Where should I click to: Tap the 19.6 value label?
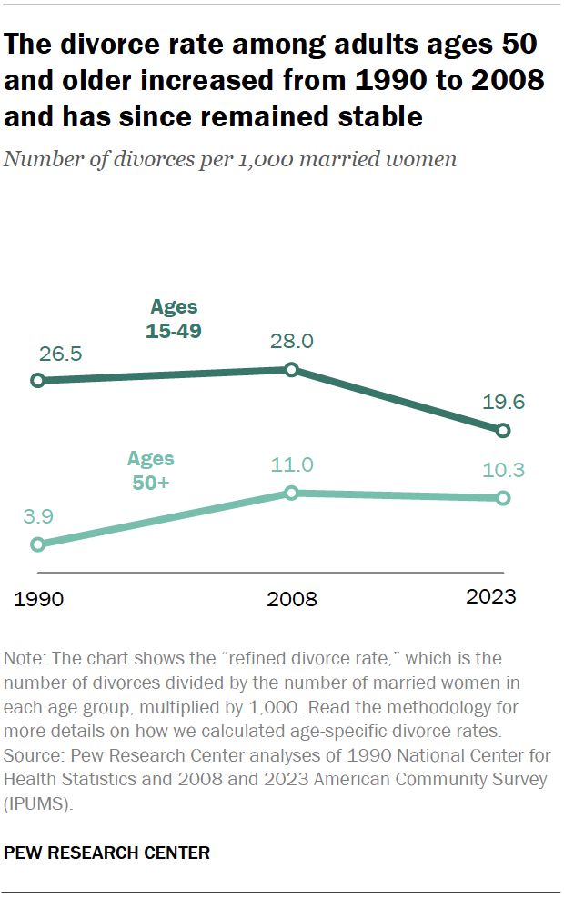(x=504, y=402)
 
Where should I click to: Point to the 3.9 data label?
(x=38, y=516)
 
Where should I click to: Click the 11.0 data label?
(x=291, y=464)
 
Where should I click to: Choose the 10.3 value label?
(x=504, y=471)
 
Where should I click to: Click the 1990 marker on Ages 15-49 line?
(x=38, y=381)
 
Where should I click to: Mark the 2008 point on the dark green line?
(x=291, y=369)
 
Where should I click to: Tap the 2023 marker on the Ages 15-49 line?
(x=504, y=430)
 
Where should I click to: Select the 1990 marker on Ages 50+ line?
(x=38, y=544)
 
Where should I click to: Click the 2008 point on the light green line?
(x=291, y=493)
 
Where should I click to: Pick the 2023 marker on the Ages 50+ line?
(x=504, y=498)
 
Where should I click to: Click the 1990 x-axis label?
(x=38, y=599)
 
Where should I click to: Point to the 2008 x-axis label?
(x=291, y=599)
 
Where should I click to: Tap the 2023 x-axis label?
(x=490, y=597)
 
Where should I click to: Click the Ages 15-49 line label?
(x=174, y=318)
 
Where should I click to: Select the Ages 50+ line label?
(x=150, y=471)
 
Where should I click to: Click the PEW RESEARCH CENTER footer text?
(x=107, y=853)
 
